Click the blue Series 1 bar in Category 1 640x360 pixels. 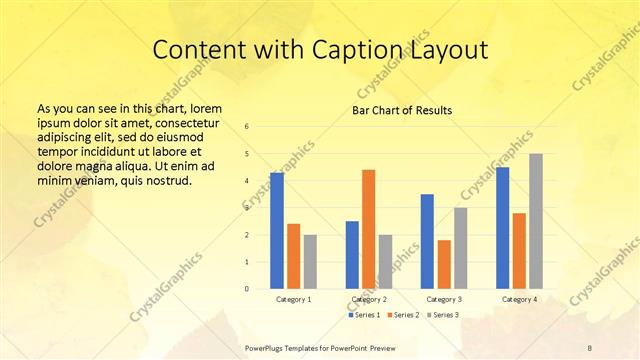(x=277, y=231)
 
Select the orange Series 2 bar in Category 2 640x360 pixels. (x=368, y=229)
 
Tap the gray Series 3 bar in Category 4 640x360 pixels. (x=536, y=221)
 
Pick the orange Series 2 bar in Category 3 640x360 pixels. (x=444, y=264)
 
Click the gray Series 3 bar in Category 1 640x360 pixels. (x=310, y=262)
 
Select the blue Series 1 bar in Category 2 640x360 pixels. (x=352, y=255)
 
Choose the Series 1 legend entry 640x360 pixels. (x=364, y=315)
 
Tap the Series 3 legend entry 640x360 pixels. (x=445, y=315)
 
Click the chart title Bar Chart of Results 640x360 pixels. (x=402, y=110)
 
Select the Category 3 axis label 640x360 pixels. (x=443, y=299)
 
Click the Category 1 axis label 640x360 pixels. (x=293, y=299)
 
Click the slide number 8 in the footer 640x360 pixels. (x=590, y=346)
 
